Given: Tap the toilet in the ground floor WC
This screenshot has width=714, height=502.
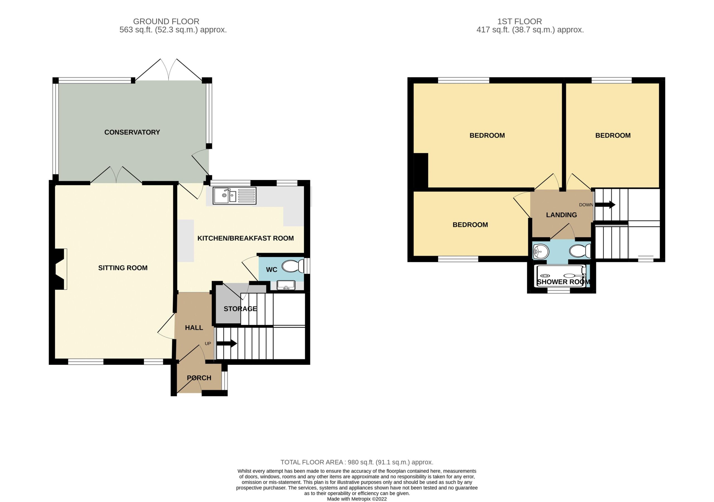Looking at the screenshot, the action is coord(293,266).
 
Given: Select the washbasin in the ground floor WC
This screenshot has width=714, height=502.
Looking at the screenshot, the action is coord(286,285).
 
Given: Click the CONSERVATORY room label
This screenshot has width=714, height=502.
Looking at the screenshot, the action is coord(132,132).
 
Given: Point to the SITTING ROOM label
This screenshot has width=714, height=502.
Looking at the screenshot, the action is coord(123,268).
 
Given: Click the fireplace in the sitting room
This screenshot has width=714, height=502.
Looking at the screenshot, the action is coord(61,269).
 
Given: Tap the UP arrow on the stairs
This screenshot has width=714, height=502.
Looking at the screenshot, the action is coord(227,344).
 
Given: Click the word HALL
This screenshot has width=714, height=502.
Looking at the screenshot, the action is coord(194,327).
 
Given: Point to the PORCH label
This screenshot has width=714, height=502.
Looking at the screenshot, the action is coord(199,378).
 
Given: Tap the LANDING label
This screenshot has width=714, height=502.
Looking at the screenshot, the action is coord(562,215).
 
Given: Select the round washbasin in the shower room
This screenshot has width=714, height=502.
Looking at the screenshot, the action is coord(540,251).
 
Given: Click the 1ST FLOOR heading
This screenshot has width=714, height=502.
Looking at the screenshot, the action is coord(520,21).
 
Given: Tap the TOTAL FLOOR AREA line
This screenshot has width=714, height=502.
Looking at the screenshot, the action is coord(357,462).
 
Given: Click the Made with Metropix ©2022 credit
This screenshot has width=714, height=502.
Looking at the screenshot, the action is coord(357,499).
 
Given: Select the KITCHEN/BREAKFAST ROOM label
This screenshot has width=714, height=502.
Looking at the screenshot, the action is coord(246,238).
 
